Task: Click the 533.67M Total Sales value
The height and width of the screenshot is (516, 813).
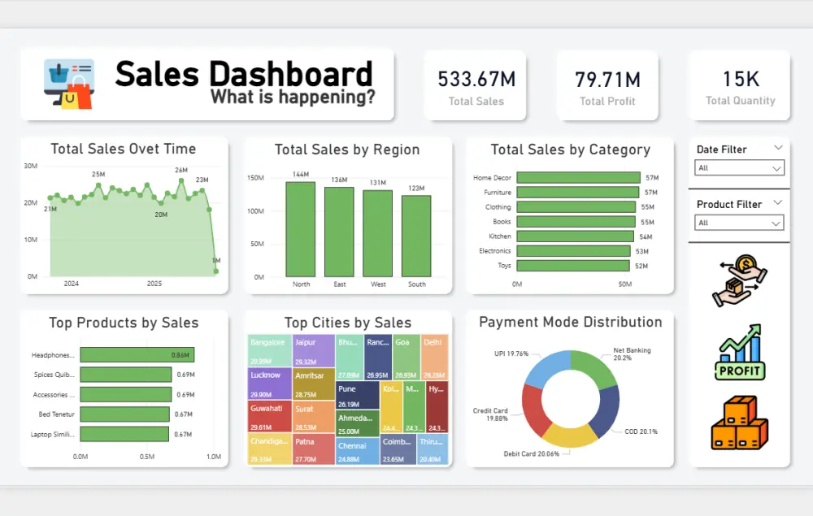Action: click(x=476, y=79)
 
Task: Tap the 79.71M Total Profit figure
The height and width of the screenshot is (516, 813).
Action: click(x=607, y=79)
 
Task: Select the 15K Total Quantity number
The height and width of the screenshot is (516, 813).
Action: click(x=740, y=79)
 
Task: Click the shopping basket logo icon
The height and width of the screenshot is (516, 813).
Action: click(x=69, y=84)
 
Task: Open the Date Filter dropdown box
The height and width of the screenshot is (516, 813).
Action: click(x=739, y=168)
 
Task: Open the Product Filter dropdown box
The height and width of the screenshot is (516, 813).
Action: click(x=739, y=223)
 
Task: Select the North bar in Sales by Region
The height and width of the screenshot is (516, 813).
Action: click(x=300, y=229)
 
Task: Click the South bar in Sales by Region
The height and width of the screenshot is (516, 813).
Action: click(x=416, y=236)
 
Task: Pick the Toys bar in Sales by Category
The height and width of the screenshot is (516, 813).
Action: click(x=573, y=266)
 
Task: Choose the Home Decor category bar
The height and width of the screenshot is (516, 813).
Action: click(x=578, y=178)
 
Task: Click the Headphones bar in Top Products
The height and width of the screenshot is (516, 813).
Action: click(x=137, y=355)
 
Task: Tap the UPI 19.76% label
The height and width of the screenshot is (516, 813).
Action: click(x=511, y=353)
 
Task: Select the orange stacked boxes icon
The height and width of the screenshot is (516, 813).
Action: click(x=739, y=423)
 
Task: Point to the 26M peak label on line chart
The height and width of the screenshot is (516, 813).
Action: click(x=180, y=170)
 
